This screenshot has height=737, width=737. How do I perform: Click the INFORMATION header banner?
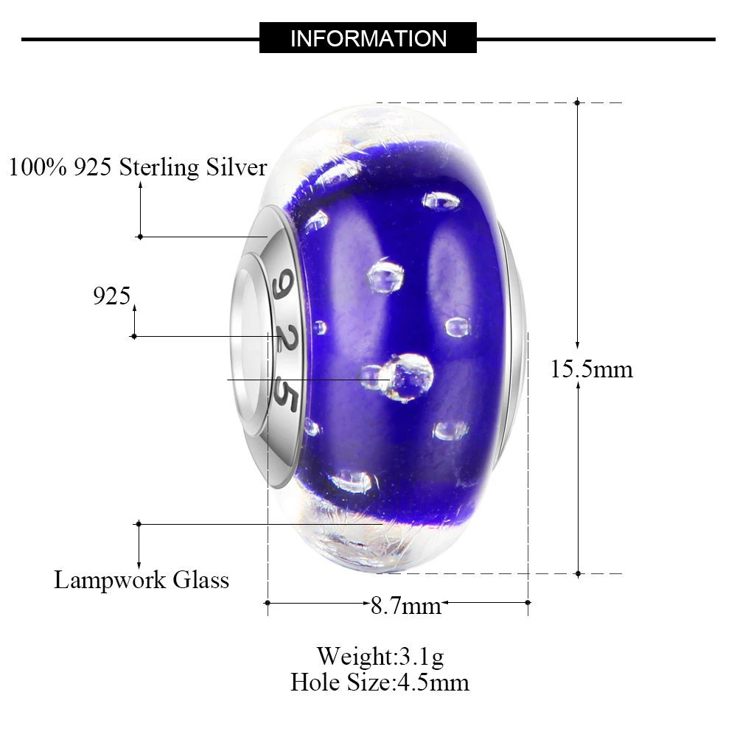click(368, 38)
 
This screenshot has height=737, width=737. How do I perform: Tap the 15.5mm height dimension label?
click(592, 369)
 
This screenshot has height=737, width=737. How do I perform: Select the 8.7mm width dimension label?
click(406, 605)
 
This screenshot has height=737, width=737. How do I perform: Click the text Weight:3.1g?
click(380, 656)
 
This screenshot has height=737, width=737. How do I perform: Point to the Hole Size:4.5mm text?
click(380, 682)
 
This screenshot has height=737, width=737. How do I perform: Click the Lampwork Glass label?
click(142, 579)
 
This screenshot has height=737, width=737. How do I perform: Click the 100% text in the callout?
click(38, 167)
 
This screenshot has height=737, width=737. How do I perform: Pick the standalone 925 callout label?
click(111, 296)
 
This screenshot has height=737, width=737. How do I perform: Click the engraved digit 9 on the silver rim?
click(283, 284)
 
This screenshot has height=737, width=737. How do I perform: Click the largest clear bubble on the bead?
click(407, 377)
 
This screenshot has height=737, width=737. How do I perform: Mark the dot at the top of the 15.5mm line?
click(577, 102)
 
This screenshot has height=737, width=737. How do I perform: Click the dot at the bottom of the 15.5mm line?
click(578, 573)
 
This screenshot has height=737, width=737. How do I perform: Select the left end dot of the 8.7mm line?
click(267, 603)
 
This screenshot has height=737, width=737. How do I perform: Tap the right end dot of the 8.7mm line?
click(528, 603)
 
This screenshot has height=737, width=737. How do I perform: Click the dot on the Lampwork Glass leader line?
click(139, 523)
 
